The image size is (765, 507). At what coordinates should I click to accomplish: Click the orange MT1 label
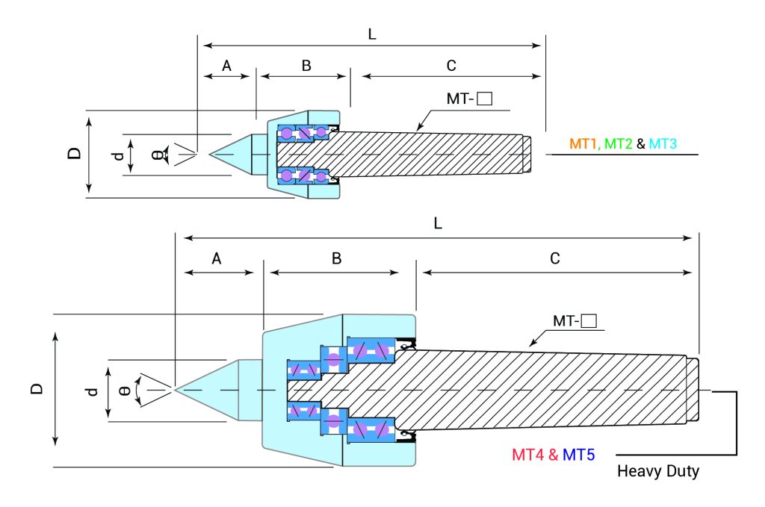pyautogui.click(x=585, y=143)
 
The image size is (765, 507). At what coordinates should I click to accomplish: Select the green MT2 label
pyautogui.click(x=619, y=143)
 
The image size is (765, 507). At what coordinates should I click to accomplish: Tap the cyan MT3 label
pyautogui.click(x=663, y=143)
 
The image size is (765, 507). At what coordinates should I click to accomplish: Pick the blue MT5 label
pyautogui.click(x=578, y=454)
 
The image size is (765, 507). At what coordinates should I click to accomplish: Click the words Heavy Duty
pyautogui.click(x=658, y=472)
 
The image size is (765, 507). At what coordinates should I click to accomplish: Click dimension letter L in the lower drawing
pyautogui.click(x=439, y=223)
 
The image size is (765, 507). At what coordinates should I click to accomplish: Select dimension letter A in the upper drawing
pyautogui.click(x=227, y=66)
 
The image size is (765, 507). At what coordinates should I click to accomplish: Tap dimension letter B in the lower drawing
pyautogui.click(x=337, y=259)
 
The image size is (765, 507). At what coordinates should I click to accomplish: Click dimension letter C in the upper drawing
pyautogui.click(x=451, y=66)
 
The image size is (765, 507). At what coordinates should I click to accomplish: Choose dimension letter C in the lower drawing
pyautogui.click(x=555, y=259)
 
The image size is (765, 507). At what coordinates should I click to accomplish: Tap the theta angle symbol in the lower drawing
pyautogui.click(x=126, y=390)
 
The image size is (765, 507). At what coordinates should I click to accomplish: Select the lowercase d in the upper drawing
pyautogui.click(x=117, y=155)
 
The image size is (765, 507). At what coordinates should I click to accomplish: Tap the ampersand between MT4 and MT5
pyautogui.click(x=554, y=454)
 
